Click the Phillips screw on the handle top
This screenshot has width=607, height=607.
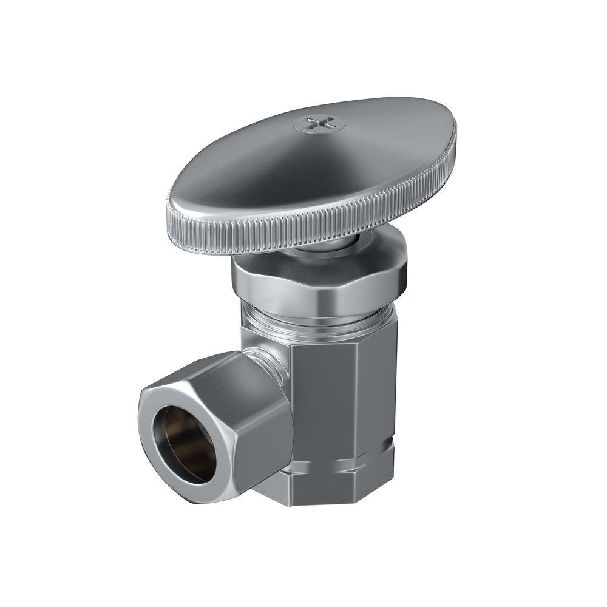point(319,124)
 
